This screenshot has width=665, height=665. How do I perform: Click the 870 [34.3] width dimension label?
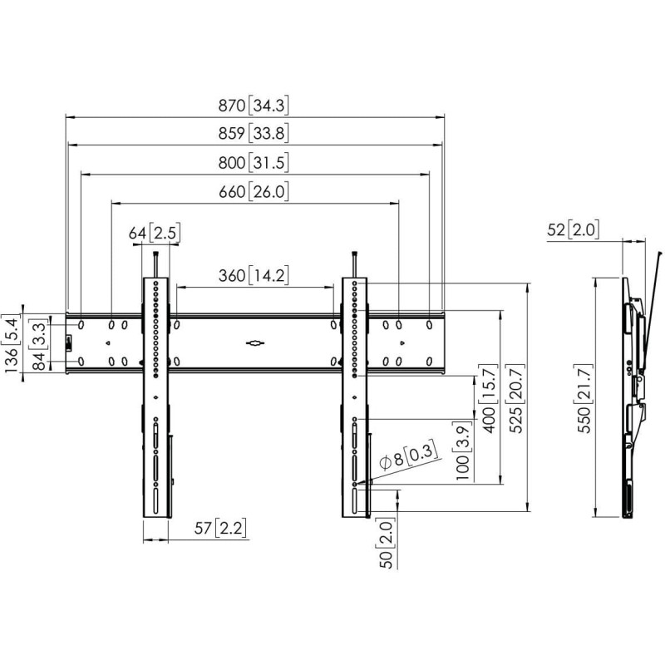(x=254, y=106)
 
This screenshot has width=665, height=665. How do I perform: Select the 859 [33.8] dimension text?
(x=254, y=133)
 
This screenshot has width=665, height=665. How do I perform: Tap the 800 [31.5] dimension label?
(x=254, y=162)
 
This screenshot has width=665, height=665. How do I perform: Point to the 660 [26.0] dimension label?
(x=254, y=192)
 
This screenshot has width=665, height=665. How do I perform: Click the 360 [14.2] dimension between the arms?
(x=254, y=276)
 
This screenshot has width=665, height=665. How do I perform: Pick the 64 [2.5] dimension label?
(x=155, y=233)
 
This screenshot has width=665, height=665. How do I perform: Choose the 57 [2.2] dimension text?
(x=220, y=528)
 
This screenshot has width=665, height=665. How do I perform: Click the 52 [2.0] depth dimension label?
(x=574, y=229)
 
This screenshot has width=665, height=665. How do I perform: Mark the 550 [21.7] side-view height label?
(x=585, y=398)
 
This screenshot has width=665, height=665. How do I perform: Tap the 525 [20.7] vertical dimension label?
(x=516, y=398)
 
